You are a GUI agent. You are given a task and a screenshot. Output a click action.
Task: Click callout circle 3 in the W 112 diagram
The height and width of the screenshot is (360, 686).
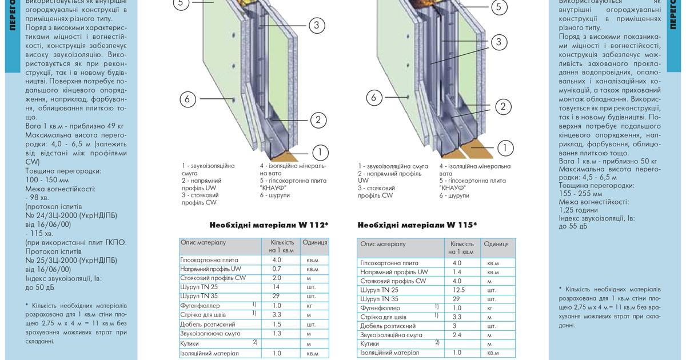click(316, 25)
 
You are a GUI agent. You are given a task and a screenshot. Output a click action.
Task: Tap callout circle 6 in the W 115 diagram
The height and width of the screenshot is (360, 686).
click(374, 98)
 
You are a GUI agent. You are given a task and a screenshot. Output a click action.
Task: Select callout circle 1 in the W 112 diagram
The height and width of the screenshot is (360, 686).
click(321, 152)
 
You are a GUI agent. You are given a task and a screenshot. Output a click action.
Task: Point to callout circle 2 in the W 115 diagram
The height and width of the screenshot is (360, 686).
click(502, 106)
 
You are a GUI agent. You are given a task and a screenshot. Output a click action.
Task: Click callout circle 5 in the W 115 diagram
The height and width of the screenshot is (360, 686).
click(498, 7)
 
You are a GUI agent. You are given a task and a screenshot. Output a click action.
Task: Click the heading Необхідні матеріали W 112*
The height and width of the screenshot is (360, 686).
click(269, 225)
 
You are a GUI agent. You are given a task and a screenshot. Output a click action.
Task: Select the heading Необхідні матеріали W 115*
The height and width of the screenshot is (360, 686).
click(417, 225)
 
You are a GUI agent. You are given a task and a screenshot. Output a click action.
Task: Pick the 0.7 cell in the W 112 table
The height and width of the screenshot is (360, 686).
click(277, 269)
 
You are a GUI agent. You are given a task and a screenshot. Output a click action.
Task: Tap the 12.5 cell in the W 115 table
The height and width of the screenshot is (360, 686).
click(457, 290)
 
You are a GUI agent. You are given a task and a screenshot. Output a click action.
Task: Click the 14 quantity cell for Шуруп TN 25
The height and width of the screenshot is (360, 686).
click(277, 287)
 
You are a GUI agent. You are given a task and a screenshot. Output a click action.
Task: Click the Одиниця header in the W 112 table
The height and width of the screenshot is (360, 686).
click(314, 242)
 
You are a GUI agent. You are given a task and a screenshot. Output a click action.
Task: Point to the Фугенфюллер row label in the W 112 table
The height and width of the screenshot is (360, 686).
click(200, 306)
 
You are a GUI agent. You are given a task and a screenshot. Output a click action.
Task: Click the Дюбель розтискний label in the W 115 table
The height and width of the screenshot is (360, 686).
click(386, 326)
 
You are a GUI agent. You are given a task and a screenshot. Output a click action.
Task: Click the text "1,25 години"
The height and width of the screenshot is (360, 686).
click(579, 210)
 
